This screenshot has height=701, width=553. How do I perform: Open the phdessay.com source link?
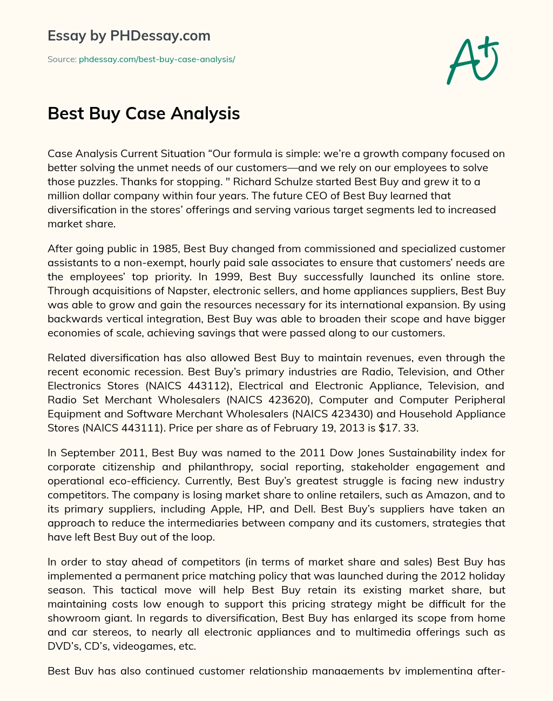pos(157,59)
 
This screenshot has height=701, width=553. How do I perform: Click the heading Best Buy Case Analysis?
pos(144,113)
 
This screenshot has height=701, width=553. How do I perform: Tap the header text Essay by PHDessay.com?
pos(129,36)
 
